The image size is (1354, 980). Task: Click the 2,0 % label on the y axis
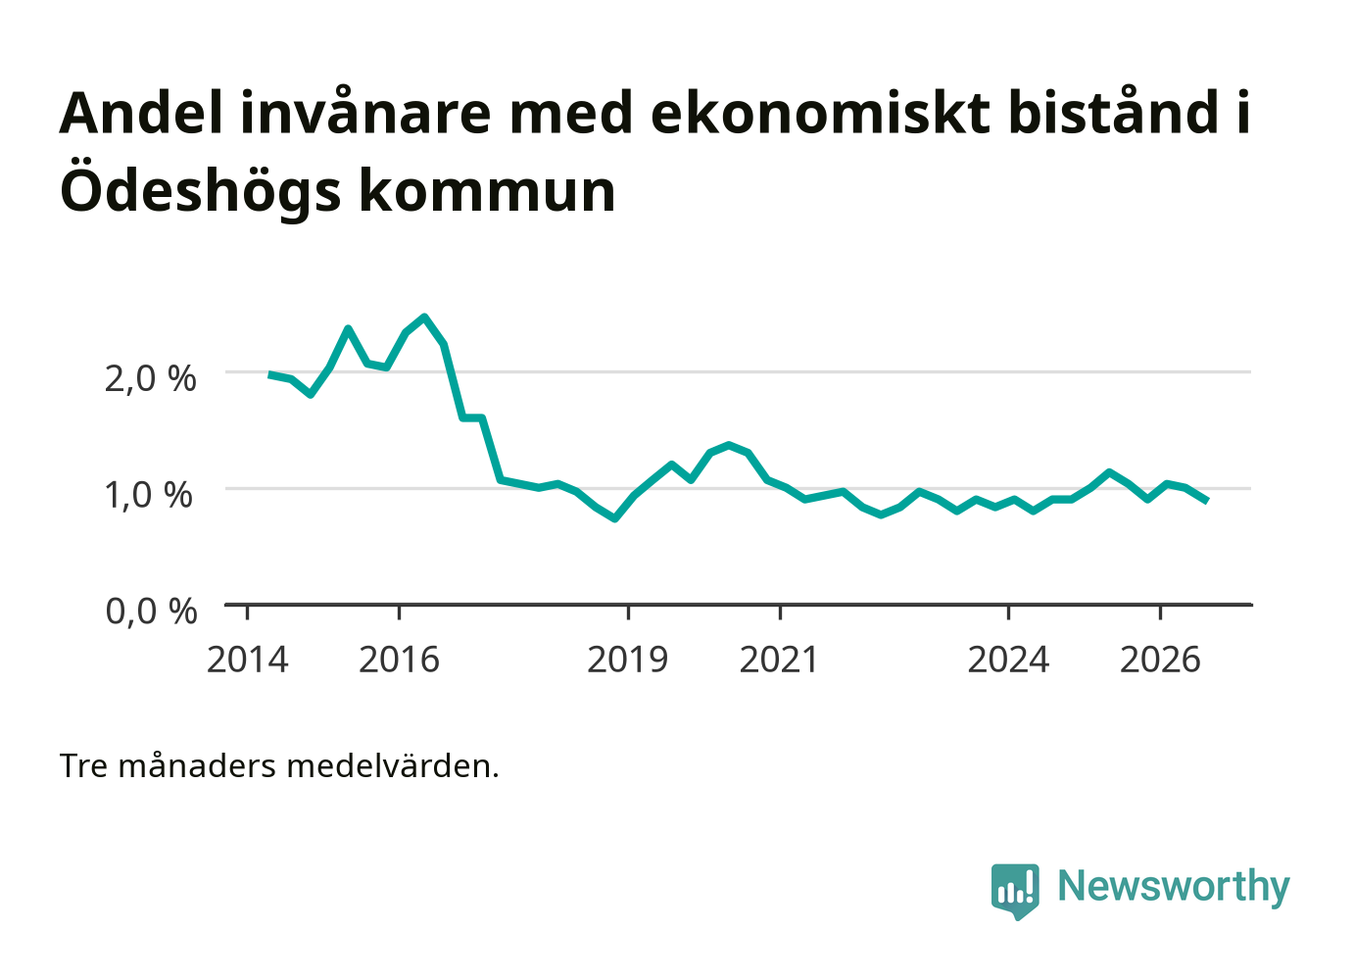151,379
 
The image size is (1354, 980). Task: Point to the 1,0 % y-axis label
149,495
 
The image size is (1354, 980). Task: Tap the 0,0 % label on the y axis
151,611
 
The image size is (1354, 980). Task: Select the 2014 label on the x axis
247,660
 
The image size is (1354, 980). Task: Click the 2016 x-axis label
399,660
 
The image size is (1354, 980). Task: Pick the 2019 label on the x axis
627,660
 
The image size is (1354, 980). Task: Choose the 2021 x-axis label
779,660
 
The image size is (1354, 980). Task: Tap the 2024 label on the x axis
1008,660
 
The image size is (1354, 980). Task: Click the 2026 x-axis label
1160,660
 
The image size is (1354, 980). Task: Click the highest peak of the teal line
425,317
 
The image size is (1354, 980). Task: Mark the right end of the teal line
1207,502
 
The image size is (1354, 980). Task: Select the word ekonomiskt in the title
820,113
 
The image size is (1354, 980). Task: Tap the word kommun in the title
487,192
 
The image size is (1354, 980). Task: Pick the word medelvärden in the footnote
392,766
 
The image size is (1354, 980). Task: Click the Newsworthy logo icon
1015,890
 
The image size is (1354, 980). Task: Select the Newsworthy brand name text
1174,887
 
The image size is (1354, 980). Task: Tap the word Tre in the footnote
83,766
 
